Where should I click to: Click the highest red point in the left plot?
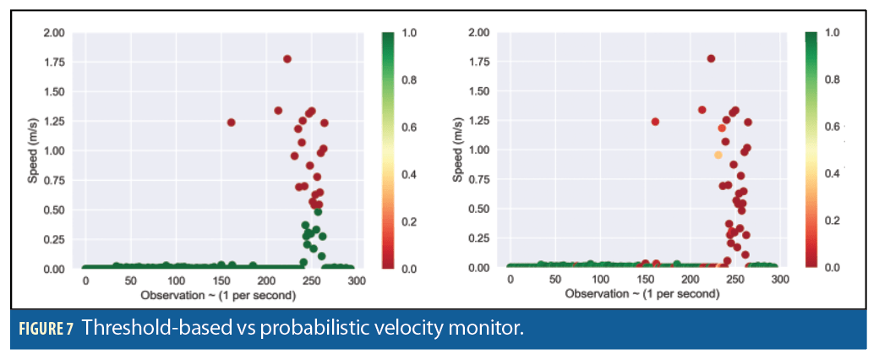(x=287, y=59)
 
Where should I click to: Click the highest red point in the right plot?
(x=711, y=59)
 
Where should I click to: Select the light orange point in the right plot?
(x=718, y=155)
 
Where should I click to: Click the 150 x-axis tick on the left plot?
(x=221, y=280)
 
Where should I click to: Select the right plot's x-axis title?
(x=642, y=294)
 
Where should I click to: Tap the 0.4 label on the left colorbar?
(x=408, y=174)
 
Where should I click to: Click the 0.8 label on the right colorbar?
(x=832, y=79)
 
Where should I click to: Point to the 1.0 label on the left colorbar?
(x=408, y=33)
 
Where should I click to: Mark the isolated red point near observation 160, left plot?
(x=231, y=122)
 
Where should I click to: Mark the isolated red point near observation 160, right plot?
(x=655, y=122)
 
